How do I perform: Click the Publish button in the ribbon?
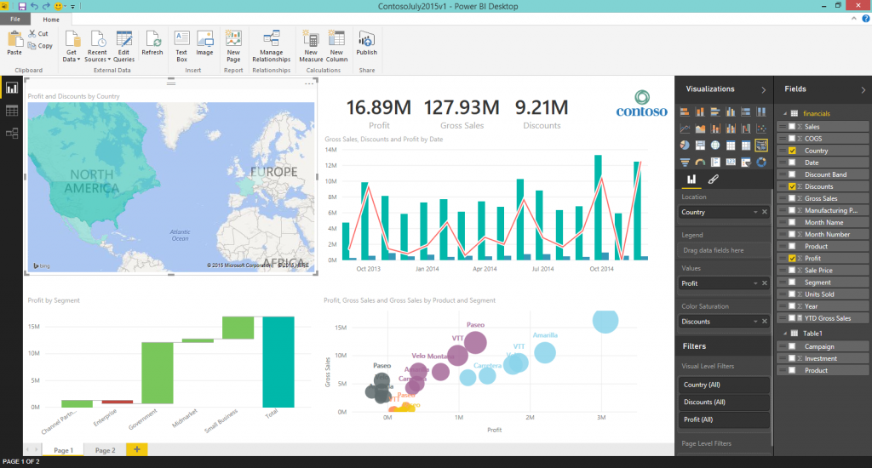tap(367, 43)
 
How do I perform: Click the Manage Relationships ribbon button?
tap(271, 44)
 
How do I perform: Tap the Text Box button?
tap(181, 43)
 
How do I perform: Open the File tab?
tap(15, 19)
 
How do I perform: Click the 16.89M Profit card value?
tap(379, 107)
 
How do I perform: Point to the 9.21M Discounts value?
tap(541, 107)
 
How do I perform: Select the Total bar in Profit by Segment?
tap(278, 362)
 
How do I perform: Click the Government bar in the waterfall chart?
tap(158, 373)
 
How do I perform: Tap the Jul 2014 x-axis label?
tap(542, 268)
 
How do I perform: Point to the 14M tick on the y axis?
tap(332, 149)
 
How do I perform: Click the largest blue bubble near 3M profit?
tap(605, 321)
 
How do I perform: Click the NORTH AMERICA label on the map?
tap(83, 180)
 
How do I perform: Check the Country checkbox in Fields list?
tap(792, 151)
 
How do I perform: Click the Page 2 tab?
tap(105, 450)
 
